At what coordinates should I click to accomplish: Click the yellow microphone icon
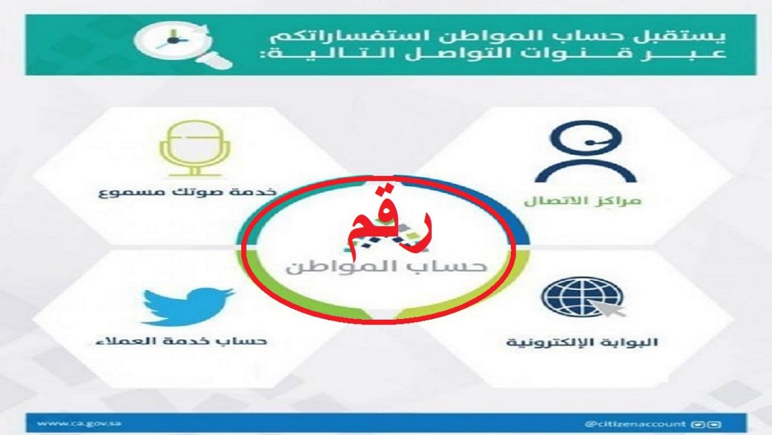[195, 149]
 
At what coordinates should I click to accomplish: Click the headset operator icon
[586, 152]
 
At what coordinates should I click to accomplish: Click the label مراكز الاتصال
[583, 201]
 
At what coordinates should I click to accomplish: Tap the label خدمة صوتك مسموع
[188, 192]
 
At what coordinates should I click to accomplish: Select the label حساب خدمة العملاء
[182, 341]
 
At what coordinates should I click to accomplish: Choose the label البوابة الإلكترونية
[582, 343]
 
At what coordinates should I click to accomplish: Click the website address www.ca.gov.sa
[79, 423]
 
